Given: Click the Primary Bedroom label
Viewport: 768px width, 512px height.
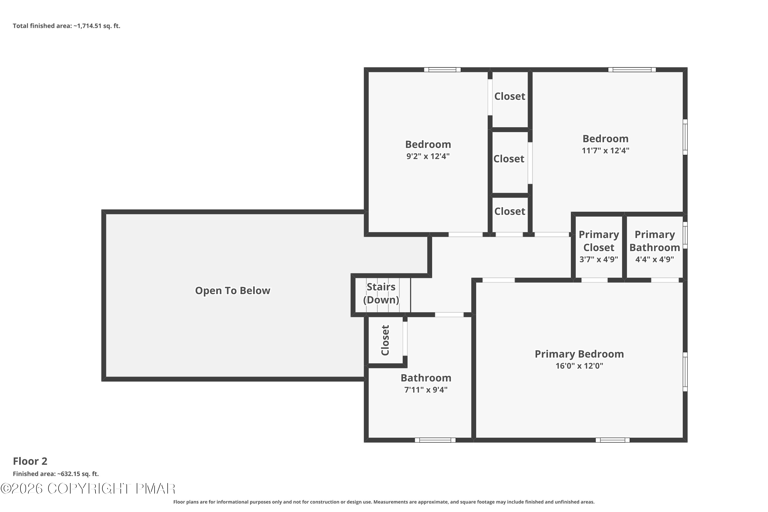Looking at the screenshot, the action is point(579,354).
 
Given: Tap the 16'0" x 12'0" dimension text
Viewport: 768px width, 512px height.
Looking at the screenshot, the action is point(579,366).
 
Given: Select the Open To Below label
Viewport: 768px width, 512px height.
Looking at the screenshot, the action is point(232,291).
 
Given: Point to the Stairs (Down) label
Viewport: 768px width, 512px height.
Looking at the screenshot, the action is point(381,293).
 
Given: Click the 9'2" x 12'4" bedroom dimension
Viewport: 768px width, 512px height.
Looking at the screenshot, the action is point(428,156).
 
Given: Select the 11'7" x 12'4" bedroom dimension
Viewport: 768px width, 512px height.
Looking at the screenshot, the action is point(605,151).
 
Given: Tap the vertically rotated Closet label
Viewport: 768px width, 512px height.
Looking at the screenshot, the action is point(385,340).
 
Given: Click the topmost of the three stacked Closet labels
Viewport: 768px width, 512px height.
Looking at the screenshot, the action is point(510,96).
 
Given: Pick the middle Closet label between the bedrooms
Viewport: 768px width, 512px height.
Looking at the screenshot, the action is point(509,159).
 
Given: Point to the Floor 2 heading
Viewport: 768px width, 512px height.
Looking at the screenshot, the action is point(30,461).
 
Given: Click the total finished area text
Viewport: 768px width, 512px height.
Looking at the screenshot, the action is point(67,26).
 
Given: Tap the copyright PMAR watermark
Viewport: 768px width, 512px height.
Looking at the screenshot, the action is point(88,489).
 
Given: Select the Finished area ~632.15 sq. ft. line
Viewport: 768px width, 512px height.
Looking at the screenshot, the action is point(56,474).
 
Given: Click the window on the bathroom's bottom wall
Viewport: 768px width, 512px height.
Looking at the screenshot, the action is point(435,440).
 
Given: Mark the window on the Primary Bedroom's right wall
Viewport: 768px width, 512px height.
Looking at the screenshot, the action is point(685,372).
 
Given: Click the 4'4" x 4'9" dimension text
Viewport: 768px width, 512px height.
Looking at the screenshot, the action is point(655,260).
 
